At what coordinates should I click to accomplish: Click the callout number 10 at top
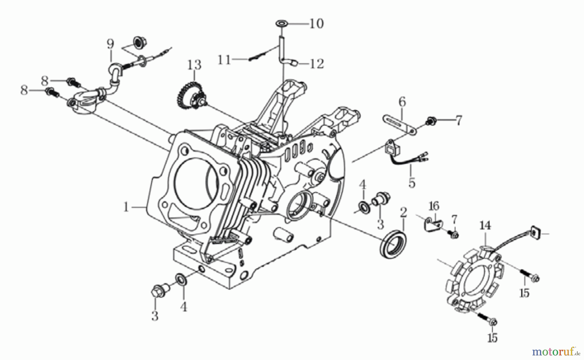(316, 23)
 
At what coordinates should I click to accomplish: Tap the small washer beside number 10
(282, 23)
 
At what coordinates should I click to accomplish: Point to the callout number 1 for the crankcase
(126, 207)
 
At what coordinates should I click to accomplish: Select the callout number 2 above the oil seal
(403, 213)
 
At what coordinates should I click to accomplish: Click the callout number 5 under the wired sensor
(412, 183)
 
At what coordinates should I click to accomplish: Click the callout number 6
(402, 102)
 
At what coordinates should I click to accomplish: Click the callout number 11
(224, 60)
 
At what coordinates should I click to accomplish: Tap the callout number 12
(317, 64)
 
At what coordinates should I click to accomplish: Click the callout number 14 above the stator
(485, 225)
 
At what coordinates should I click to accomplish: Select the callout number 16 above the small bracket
(434, 206)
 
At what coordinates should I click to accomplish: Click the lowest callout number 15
(492, 338)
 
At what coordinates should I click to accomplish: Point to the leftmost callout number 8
(24, 90)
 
